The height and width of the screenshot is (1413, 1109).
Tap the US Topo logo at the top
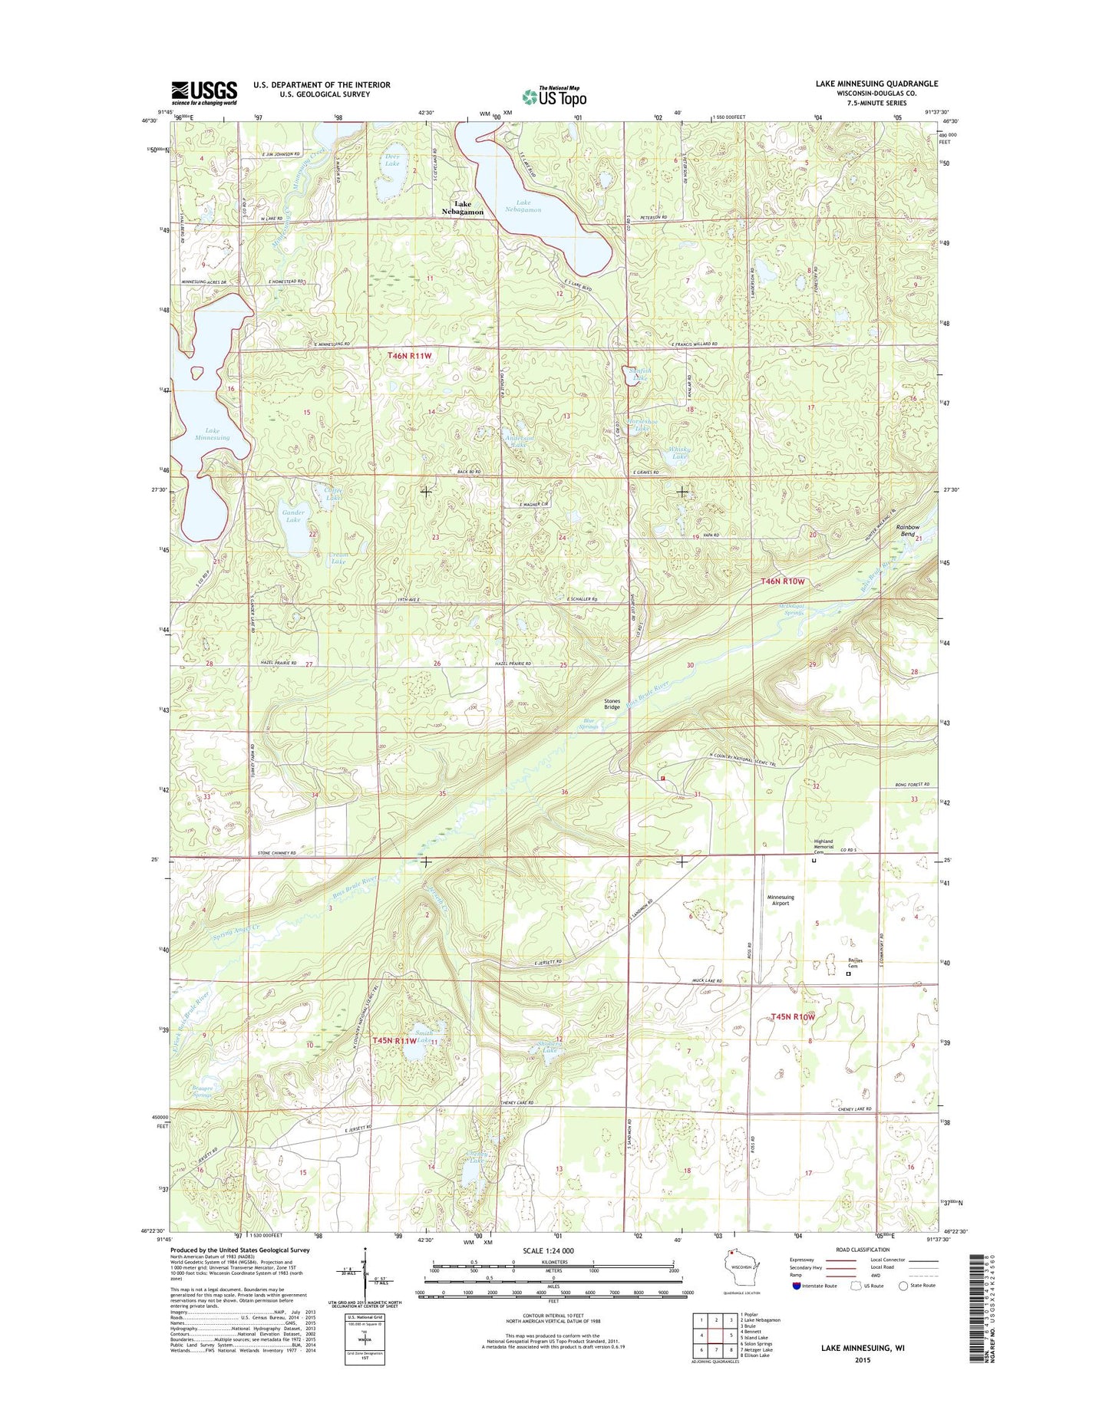point(554,96)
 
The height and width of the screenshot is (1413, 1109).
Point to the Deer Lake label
point(392,160)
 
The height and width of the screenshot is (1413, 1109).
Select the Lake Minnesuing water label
point(212,434)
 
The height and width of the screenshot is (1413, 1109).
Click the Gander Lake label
point(293,516)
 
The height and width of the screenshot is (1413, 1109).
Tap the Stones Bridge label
point(612,703)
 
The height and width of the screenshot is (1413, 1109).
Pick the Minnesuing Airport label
point(781,900)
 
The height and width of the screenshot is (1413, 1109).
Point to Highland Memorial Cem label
point(823,846)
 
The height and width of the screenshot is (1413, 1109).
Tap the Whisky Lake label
point(679,453)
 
